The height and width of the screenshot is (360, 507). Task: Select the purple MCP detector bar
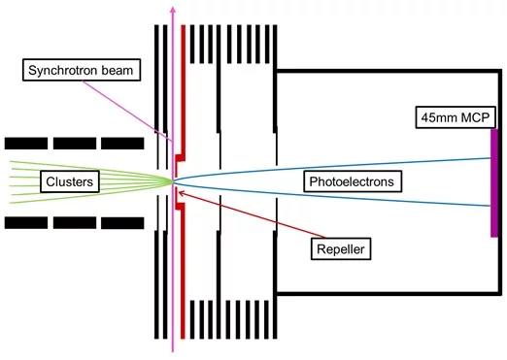(494, 181)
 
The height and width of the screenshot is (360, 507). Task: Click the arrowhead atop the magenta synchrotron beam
(173, 9)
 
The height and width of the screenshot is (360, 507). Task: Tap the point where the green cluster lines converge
(172, 180)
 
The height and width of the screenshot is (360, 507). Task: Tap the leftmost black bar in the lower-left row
(23, 223)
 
